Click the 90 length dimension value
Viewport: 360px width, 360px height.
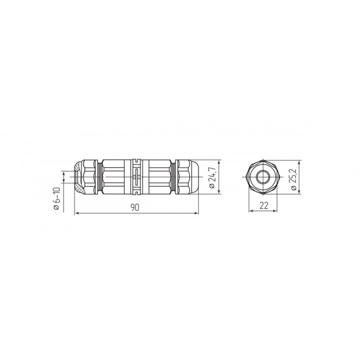pyautogui.click(x=135, y=207)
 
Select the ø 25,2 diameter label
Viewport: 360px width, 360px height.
pyautogui.click(x=294, y=179)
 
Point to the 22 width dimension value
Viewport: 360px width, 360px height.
pyautogui.click(x=264, y=206)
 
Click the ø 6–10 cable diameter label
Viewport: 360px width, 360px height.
pyautogui.click(x=57, y=199)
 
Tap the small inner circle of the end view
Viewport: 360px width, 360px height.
pyautogui.click(x=263, y=177)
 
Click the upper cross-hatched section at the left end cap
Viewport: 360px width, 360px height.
pyautogui.click(x=78, y=166)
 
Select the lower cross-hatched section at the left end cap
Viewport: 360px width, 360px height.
pyautogui.click(x=79, y=188)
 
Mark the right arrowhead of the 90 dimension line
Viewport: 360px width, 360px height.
pyautogui.click(x=196, y=213)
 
